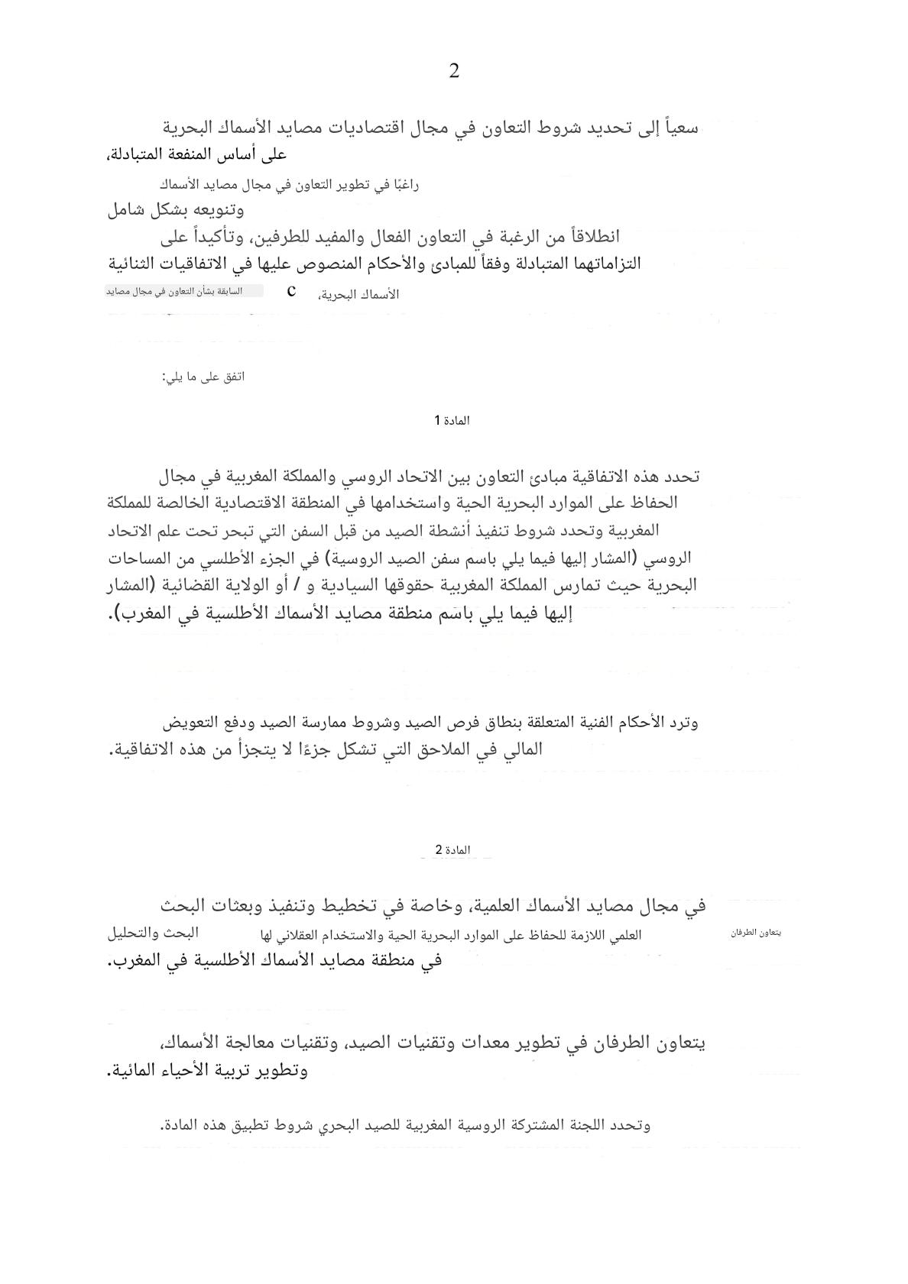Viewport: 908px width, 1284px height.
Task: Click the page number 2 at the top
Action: [x=454, y=72]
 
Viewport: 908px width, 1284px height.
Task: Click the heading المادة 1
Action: [x=452, y=421]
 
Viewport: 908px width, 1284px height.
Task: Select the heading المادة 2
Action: [x=452, y=850]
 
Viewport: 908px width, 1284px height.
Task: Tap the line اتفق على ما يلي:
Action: [x=203, y=377]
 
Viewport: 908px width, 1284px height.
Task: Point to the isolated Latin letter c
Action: [x=291, y=291]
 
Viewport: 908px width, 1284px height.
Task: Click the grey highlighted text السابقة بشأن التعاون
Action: [x=184, y=291]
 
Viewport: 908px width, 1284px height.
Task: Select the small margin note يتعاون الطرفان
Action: [x=756, y=933]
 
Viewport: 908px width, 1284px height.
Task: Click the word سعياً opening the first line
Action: [x=678, y=128]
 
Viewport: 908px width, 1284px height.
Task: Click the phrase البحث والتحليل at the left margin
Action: [x=153, y=933]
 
